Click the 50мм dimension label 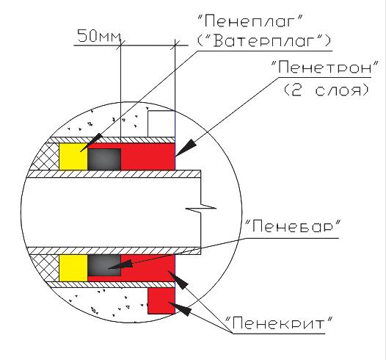pyautogui.click(x=99, y=36)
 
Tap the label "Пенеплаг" pyautogui.click(x=250, y=21)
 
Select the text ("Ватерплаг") pyautogui.click(x=264, y=40)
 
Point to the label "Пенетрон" pyautogui.click(x=324, y=67)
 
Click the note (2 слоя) pyautogui.click(x=327, y=90)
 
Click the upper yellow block pyautogui.click(x=73, y=156)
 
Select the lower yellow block pyautogui.click(x=73, y=268)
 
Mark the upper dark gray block pyautogui.click(x=104, y=159)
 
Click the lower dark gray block pyautogui.click(x=104, y=265)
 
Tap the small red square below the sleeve pyautogui.click(x=161, y=300)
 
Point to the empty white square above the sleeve pyautogui.click(x=161, y=123)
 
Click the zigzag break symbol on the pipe pyautogui.click(x=201, y=208)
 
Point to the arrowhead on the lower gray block pyautogui.click(x=120, y=265)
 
